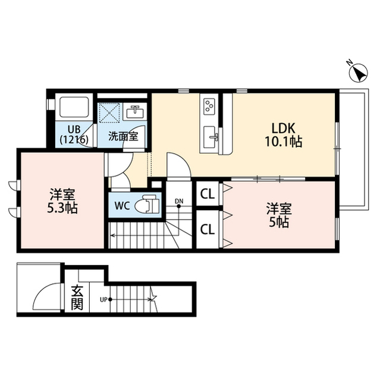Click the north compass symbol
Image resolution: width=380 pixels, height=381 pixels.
358,72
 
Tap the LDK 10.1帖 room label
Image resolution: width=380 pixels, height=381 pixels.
283,135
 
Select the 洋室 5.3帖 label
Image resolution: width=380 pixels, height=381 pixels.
62,201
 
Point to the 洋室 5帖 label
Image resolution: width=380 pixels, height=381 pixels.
279,215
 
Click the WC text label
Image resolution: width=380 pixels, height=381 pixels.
123,207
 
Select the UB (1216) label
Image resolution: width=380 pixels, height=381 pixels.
74,135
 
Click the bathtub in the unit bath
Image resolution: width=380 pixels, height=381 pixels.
74,107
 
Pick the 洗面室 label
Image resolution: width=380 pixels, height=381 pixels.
123,136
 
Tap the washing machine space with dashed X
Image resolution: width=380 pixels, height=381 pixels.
109,113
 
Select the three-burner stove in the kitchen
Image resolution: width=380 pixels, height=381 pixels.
209,105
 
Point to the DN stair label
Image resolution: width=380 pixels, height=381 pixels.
179,201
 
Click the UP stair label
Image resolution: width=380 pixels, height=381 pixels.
103,299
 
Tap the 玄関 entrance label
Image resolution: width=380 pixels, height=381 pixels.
77,298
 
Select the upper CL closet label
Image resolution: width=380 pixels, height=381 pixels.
208,195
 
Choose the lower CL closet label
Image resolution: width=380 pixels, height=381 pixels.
208,229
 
